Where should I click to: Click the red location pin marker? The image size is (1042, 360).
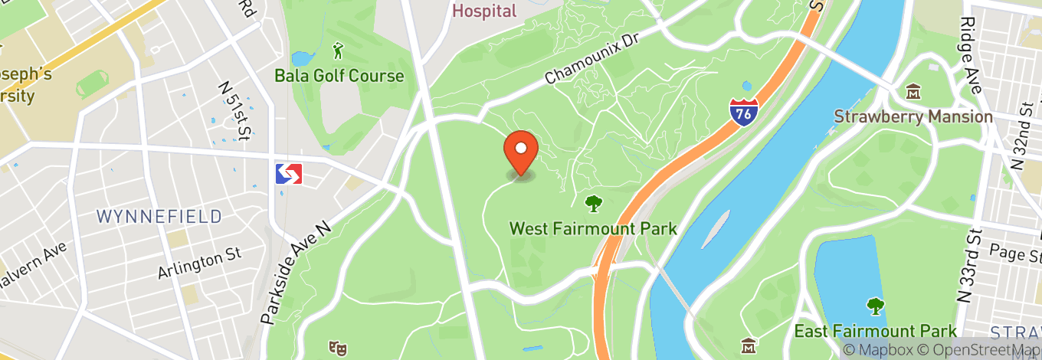click(x=521, y=151)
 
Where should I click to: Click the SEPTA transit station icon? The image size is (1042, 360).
click(x=289, y=174)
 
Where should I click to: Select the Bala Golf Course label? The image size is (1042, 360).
click(x=339, y=76)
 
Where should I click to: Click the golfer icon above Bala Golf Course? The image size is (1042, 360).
click(x=339, y=52)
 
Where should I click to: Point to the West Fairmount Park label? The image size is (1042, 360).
click(x=593, y=228)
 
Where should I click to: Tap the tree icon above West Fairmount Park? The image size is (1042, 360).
click(x=593, y=204)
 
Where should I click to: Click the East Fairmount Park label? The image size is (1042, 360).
click(x=875, y=331)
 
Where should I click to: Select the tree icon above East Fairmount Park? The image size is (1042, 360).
click(x=875, y=306)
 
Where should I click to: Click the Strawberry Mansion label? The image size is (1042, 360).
click(x=913, y=117)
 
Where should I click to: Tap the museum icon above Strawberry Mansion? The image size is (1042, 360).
click(x=913, y=93)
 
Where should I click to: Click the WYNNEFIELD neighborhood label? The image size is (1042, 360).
click(x=159, y=216)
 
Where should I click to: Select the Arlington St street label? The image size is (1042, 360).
click(x=199, y=262)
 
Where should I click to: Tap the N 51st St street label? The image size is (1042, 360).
click(x=234, y=112)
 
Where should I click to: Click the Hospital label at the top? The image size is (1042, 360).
click(x=484, y=11)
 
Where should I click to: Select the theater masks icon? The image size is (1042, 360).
click(x=335, y=348)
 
